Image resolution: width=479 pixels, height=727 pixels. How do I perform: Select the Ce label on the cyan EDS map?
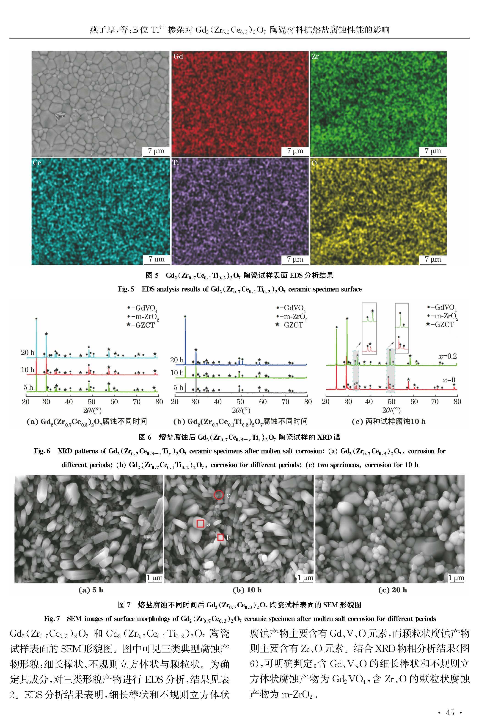tap(37, 163)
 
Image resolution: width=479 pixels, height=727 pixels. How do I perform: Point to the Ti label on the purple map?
tap(176, 162)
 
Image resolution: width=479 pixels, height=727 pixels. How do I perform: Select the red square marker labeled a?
tap(200, 524)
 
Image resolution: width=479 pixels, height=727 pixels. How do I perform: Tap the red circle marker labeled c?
tap(218, 495)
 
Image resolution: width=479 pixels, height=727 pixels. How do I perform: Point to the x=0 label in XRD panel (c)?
tap(449, 380)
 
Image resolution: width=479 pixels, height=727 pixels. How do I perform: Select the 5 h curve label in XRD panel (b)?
tap(178, 388)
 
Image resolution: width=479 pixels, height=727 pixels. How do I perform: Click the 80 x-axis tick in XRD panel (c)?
tap(457, 402)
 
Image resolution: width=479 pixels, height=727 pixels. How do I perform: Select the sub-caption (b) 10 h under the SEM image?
tap(247, 590)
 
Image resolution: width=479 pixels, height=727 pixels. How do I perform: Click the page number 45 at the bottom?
tap(450, 713)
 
